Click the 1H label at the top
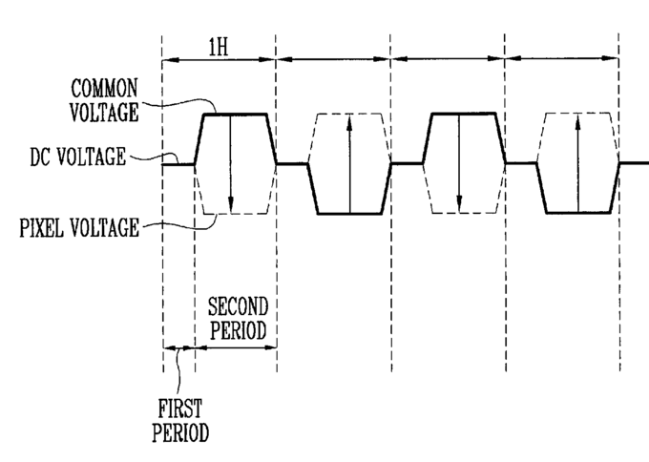tap(219, 48)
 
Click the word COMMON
tap(104, 88)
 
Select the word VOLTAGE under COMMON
tap(104, 113)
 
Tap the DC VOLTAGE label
tap(78, 157)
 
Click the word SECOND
tap(238, 306)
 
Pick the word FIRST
tap(180, 409)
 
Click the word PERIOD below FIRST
tap(180, 432)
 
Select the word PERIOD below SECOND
tap(238, 330)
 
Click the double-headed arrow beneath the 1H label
tap(219, 60)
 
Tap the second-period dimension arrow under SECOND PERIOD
tap(236, 347)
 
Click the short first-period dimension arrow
tap(178, 348)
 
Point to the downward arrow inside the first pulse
tap(231, 163)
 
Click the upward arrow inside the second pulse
tap(349, 163)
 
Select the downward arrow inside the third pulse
tap(459, 163)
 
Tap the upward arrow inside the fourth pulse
tap(577, 163)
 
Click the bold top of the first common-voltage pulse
tap(235, 114)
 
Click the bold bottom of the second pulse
tap(349, 214)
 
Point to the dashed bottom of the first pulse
tap(235, 214)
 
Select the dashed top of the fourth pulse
tap(577, 113)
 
